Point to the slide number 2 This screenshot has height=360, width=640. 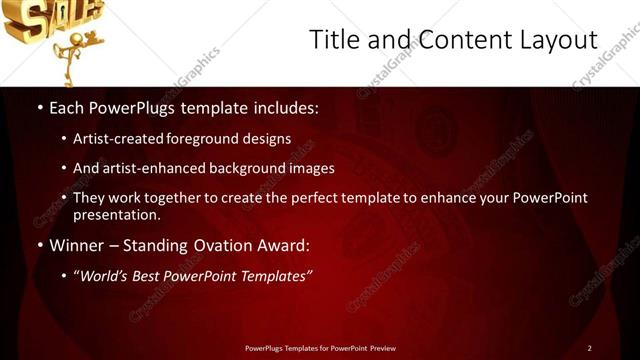pyautogui.click(x=589, y=348)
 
